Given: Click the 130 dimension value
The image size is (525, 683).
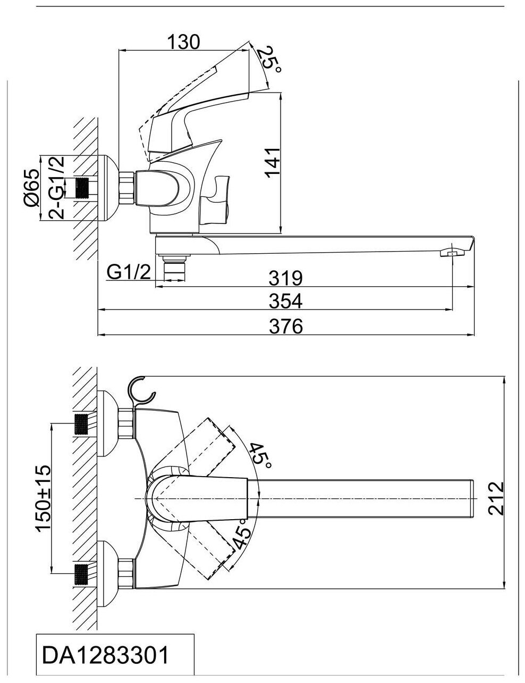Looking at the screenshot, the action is click(183, 41).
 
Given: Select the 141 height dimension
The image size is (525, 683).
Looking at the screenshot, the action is click(272, 162).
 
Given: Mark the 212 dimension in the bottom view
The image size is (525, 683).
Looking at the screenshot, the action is click(495, 498).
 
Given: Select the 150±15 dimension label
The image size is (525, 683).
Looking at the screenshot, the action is click(42, 498).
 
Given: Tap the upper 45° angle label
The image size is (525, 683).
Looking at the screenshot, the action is click(260, 455).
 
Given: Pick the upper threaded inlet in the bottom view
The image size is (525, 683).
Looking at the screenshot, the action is click(81, 424).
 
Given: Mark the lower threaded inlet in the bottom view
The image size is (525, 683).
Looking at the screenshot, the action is click(81, 574).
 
